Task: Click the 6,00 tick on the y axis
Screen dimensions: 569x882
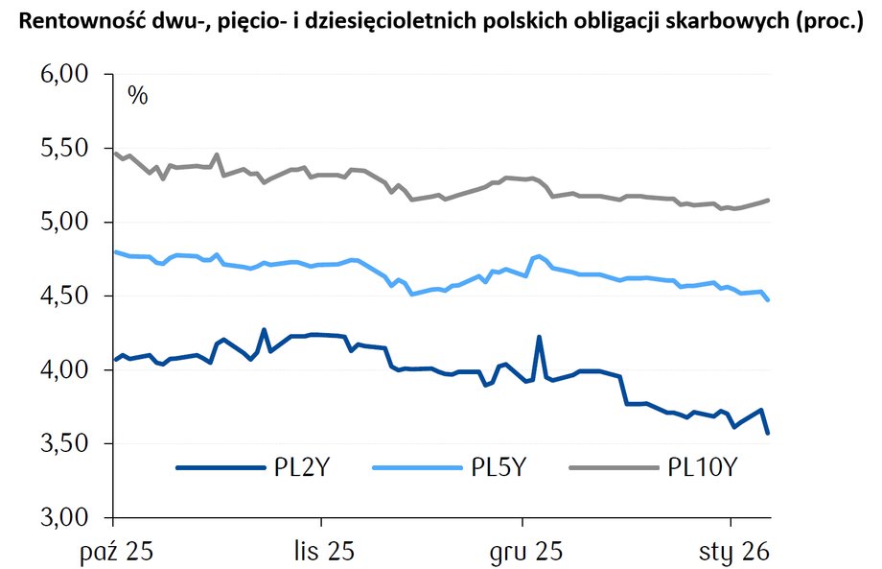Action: (x=61, y=76)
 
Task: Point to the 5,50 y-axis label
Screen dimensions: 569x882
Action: (x=61, y=150)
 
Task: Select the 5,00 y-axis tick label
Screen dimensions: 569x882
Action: (x=61, y=223)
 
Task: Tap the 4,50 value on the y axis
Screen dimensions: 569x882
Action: (x=61, y=296)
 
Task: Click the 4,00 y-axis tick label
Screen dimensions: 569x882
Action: (x=61, y=370)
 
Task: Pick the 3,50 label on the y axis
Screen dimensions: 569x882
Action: (x=61, y=444)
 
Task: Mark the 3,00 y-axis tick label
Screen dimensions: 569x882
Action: (x=61, y=518)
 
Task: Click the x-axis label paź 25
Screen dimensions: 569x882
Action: (x=114, y=552)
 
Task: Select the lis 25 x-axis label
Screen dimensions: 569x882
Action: (x=321, y=552)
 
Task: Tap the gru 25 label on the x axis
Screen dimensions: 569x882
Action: (x=522, y=552)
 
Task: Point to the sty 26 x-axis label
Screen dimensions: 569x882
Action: (x=731, y=552)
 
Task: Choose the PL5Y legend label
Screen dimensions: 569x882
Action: (x=499, y=468)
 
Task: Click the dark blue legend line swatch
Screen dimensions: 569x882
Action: (x=220, y=468)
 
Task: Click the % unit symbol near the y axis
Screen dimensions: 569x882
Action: (x=138, y=96)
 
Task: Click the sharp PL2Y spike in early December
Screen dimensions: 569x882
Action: (x=539, y=337)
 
